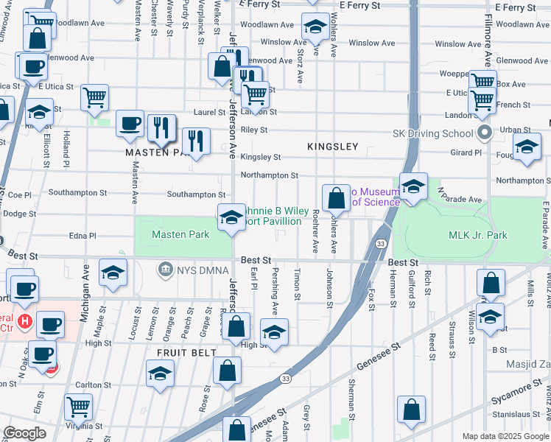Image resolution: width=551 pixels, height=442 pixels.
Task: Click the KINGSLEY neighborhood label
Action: [333, 147]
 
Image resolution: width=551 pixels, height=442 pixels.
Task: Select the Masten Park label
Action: [180, 235]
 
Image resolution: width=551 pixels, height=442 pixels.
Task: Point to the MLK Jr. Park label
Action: [478, 235]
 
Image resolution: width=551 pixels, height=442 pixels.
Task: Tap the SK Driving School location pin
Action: [484, 134]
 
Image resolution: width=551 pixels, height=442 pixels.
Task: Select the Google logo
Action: [25, 433]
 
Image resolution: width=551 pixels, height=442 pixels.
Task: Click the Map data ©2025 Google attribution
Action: [505, 436]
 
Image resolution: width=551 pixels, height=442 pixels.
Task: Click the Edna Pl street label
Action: [82, 236]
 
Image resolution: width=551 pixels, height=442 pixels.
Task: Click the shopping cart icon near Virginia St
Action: [77, 407]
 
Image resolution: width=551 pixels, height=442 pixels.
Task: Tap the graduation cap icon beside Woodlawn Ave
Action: [315, 29]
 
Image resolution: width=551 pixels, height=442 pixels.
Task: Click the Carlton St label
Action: [93, 385]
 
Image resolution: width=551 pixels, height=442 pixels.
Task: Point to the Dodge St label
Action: [19, 214]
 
